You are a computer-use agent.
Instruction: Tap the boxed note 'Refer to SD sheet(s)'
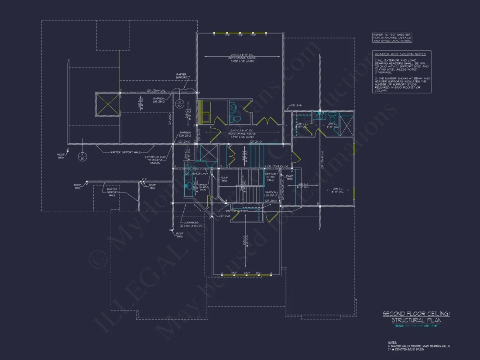click(392, 38)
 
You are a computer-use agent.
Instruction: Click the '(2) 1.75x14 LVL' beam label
click(156, 90)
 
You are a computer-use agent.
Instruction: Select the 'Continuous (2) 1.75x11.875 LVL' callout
click(191, 224)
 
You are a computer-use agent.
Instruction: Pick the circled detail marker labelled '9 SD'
click(179, 104)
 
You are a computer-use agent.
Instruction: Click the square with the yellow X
click(107, 104)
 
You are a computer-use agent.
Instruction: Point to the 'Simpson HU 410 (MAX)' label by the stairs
click(271, 177)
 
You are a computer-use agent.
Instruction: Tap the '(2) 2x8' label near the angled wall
click(225, 216)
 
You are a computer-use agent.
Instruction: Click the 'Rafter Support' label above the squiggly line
click(182, 76)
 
